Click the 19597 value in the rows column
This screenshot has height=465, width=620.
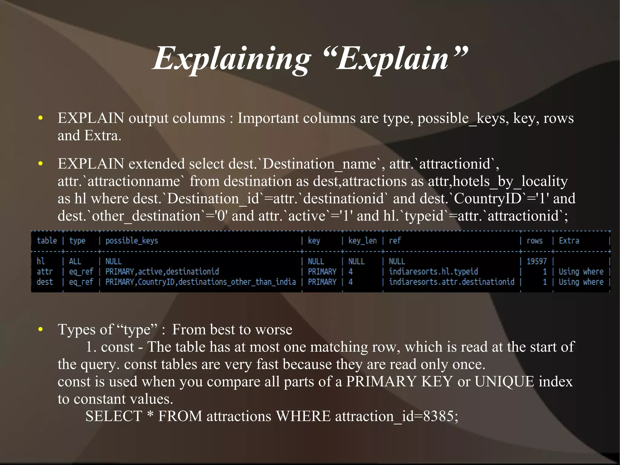click(x=536, y=261)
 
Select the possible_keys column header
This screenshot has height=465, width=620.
click(x=132, y=241)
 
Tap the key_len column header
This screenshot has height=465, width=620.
click(x=362, y=241)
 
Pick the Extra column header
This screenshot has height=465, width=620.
click(x=569, y=241)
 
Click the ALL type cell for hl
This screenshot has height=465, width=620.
click(x=75, y=261)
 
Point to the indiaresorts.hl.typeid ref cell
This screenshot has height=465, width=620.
click(x=433, y=271)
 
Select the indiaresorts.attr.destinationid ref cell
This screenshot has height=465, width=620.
click(x=451, y=282)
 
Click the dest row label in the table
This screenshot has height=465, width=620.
click(x=45, y=282)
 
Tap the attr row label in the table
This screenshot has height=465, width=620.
click(x=45, y=271)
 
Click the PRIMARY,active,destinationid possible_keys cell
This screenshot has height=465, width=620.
click(x=162, y=271)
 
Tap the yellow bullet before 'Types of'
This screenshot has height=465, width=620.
click(x=41, y=330)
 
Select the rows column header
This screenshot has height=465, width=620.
click(x=534, y=241)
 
